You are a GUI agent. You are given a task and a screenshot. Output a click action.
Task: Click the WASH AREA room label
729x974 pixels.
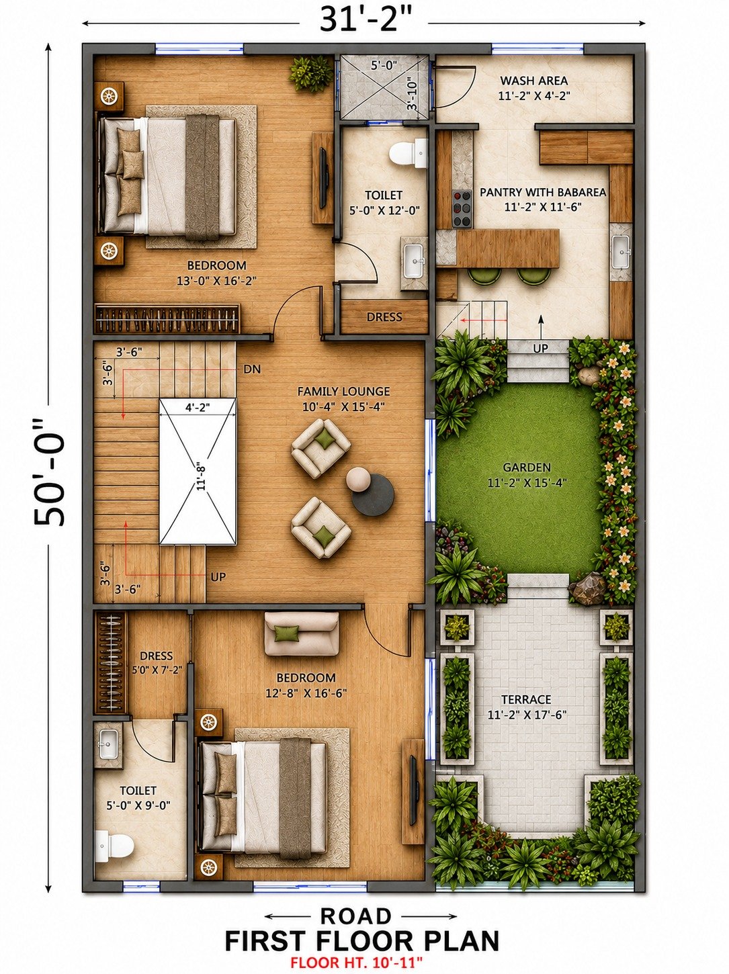(533, 81)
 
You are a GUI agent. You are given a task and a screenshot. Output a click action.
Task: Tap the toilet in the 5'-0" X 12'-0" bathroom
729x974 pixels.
(409, 153)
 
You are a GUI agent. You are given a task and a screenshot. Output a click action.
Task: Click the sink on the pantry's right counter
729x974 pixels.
(621, 252)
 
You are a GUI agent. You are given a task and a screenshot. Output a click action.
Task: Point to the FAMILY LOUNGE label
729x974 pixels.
(343, 392)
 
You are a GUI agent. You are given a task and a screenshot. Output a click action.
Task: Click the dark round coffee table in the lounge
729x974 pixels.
(373, 494)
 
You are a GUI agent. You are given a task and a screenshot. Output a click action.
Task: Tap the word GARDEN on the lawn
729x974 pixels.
(527, 468)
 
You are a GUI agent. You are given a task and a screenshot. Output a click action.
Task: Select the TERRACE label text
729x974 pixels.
(526, 699)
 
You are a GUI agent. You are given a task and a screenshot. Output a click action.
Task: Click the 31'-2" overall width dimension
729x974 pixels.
(363, 20)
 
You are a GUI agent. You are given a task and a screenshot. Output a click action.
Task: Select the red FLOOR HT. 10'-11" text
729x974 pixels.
(357, 963)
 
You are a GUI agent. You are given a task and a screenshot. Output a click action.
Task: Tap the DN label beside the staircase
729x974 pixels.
(252, 369)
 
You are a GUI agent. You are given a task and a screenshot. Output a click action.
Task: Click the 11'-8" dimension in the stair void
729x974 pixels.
(202, 475)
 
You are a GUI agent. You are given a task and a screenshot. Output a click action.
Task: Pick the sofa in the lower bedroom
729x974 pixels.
(302, 633)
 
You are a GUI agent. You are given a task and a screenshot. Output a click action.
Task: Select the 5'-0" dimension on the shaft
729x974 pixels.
(384, 66)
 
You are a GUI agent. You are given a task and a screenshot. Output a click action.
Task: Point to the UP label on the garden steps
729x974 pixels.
(541, 349)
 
